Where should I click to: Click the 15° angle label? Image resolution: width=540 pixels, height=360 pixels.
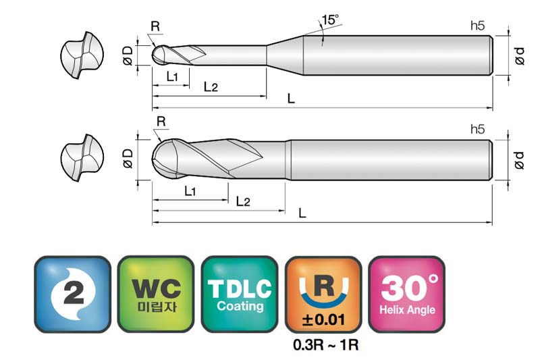330,20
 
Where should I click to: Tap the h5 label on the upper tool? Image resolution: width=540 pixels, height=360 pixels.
477,26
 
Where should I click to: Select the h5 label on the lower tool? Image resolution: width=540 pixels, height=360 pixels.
477,129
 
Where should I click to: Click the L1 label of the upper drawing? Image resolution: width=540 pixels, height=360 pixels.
172,76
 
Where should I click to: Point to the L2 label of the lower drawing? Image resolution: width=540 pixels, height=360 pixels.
243,201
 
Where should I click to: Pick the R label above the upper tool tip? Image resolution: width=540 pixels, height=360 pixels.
155,26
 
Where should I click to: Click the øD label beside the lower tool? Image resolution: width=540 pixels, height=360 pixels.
128,159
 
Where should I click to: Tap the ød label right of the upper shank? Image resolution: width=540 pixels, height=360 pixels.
520,56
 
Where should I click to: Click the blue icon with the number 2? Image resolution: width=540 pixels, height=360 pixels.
72,294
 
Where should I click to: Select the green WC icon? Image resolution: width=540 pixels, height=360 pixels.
156,294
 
